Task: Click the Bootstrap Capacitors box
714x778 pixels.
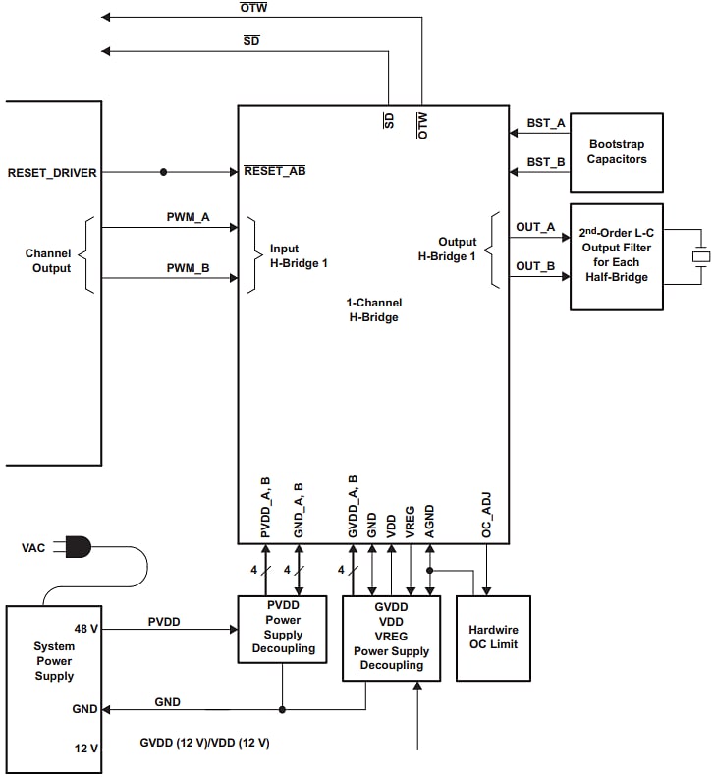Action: point(616,152)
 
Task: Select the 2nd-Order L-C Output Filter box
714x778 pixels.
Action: point(617,256)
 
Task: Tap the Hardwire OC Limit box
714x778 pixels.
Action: point(492,638)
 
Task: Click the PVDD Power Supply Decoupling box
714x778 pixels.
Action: point(283,628)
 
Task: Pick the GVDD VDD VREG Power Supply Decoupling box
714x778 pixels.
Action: point(391,637)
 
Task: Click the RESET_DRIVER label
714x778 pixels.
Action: point(52,173)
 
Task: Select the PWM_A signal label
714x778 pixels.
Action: point(188,217)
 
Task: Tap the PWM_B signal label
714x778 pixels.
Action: point(188,267)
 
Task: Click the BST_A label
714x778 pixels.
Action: point(545,123)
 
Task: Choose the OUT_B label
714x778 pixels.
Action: point(535,266)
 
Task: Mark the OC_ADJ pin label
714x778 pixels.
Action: point(486,514)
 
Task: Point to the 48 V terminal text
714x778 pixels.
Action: point(86,628)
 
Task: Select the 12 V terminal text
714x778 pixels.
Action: point(86,749)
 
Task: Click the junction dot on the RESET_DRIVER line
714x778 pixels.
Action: point(163,172)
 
